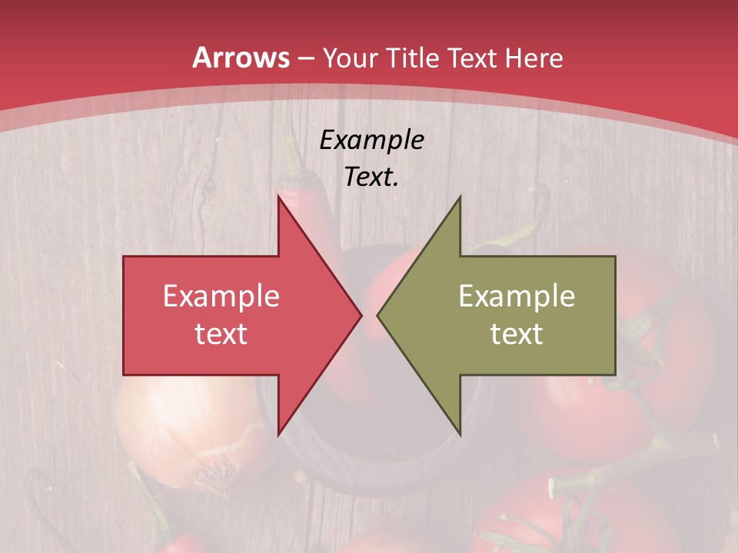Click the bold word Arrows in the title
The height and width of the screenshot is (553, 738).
(x=241, y=58)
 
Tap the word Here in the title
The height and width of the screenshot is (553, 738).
(x=534, y=58)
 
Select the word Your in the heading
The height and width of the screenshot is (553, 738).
(x=351, y=58)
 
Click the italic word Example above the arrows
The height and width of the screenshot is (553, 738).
(x=371, y=141)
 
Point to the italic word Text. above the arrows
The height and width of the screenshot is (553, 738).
(x=371, y=177)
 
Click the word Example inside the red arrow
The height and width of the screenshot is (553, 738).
(x=221, y=296)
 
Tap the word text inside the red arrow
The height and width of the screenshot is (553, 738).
(x=221, y=333)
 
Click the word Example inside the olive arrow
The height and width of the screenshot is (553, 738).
(x=517, y=296)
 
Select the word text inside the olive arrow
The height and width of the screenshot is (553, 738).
(x=517, y=333)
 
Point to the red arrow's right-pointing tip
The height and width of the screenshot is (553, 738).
(x=360, y=315)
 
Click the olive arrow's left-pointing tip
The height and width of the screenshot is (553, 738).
(x=378, y=315)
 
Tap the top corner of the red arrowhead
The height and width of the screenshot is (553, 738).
(x=278, y=197)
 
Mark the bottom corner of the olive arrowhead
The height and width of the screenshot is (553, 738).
(x=460, y=434)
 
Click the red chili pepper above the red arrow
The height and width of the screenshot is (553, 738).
(x=300, y=192)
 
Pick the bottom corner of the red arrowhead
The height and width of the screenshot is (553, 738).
(x=278, y=434)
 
